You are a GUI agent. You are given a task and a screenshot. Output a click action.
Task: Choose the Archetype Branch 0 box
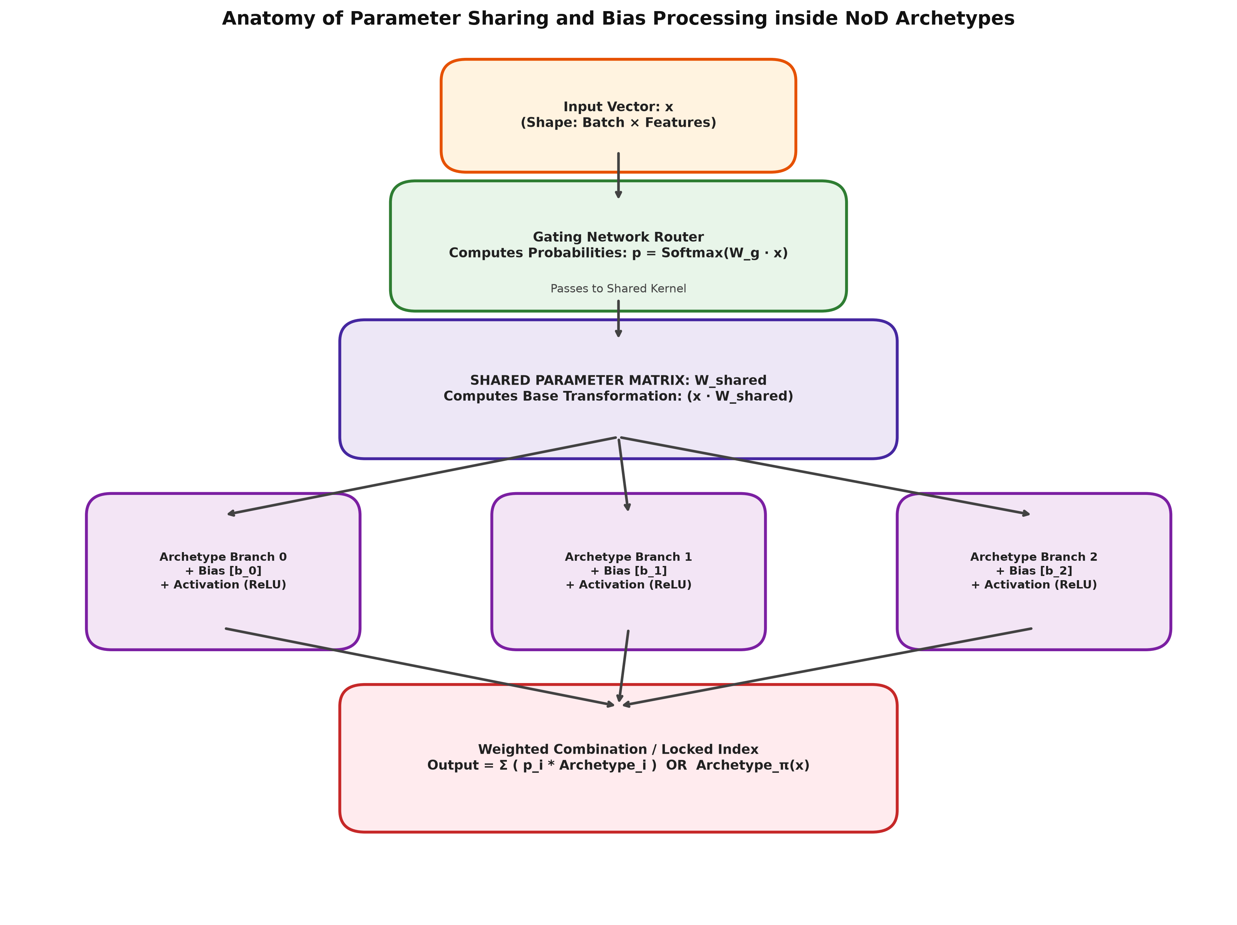(223, 571)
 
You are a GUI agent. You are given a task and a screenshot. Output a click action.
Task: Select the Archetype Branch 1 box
(629, 571)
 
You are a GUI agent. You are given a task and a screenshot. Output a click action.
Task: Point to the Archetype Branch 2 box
(1034, 571)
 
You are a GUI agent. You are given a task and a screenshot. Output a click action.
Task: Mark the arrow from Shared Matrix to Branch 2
(825, 476)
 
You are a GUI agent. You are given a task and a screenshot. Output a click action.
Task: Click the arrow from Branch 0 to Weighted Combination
(420, 667)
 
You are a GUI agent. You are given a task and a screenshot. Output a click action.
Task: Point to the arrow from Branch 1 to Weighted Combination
(624, 666)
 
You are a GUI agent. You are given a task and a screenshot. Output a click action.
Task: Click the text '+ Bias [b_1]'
(629, 571)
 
